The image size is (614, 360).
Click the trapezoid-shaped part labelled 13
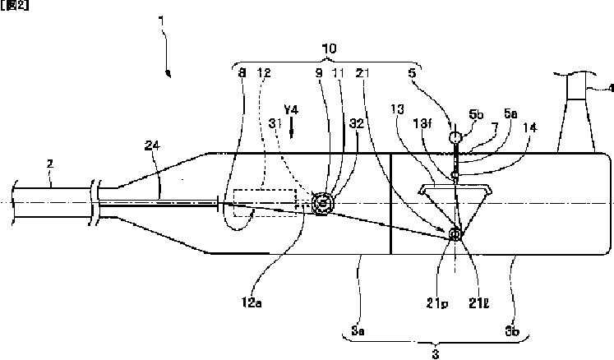[453, 194]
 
